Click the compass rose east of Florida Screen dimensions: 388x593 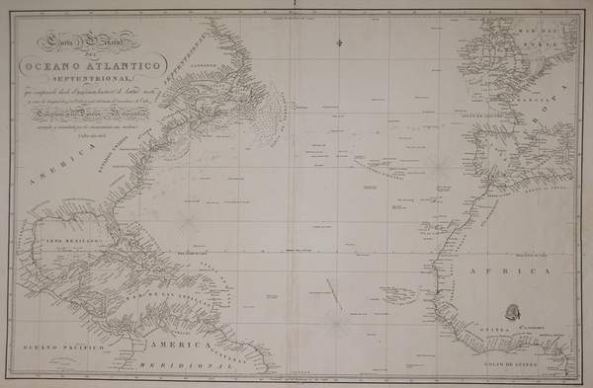tap(188, 211)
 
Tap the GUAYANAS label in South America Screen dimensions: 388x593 tap(243, 356)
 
